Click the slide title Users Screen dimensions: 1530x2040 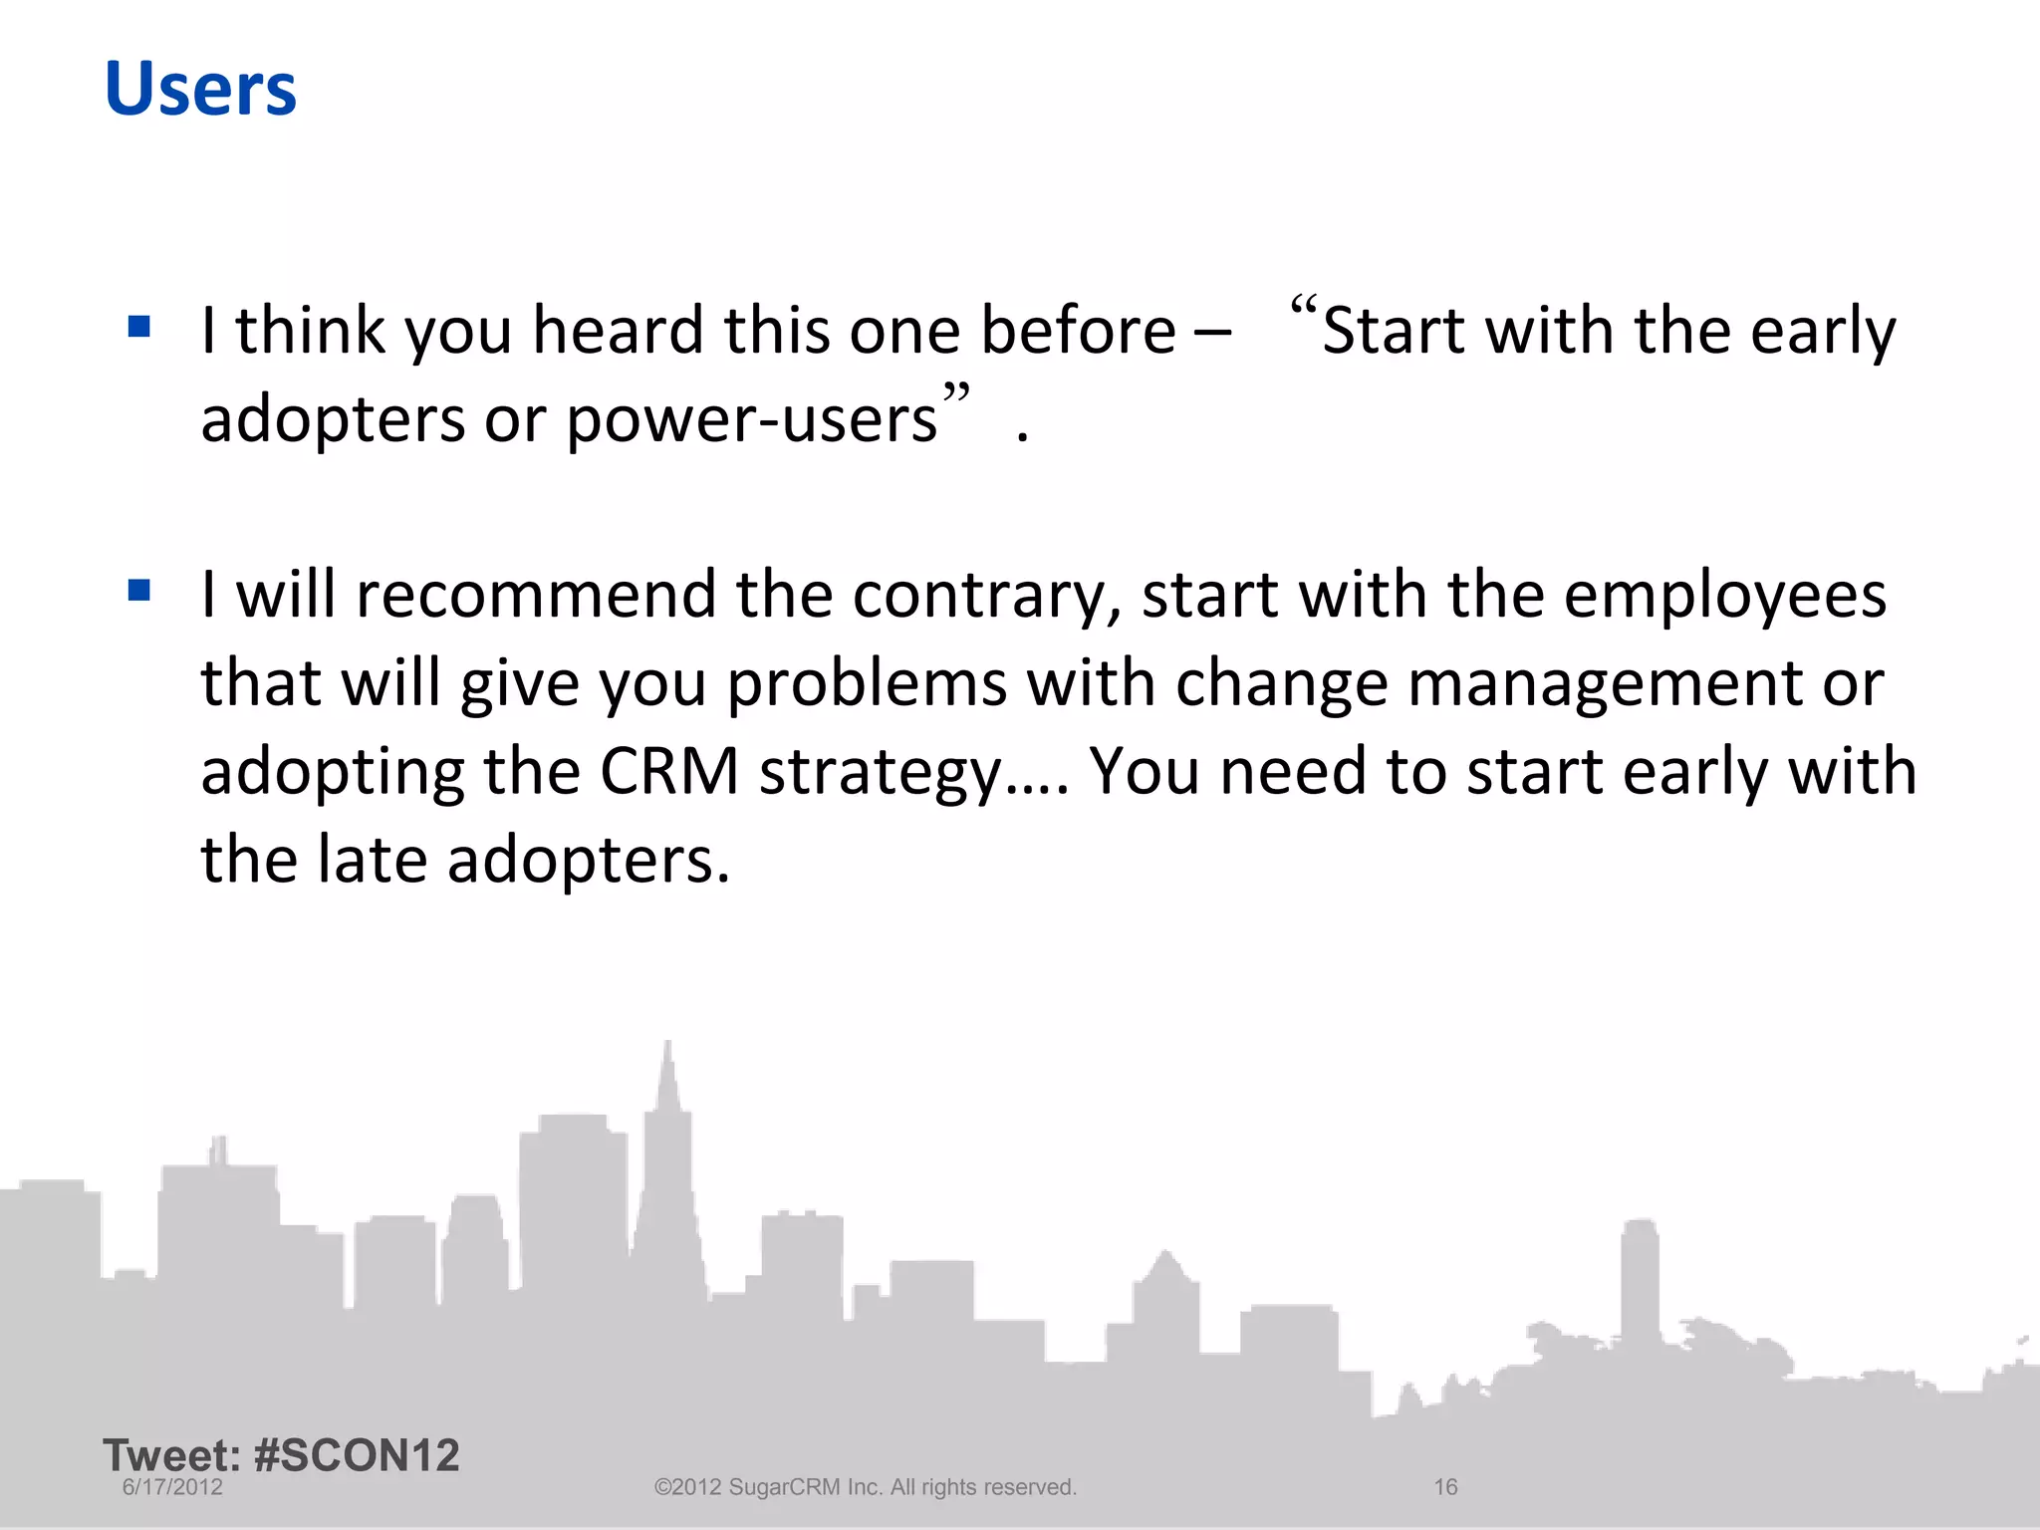point(200,90)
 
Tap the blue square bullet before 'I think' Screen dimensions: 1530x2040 point(139,327)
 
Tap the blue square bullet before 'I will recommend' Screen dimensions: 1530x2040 point(139,591)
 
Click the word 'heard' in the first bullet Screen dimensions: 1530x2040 point(618,331)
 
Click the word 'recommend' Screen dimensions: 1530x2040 point(535,596)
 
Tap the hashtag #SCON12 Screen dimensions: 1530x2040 point(357,1455)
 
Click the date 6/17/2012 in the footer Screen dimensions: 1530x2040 point(172,1487)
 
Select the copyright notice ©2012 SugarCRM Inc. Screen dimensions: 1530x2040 point(865,1487)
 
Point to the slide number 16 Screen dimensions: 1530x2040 point(1445,1487)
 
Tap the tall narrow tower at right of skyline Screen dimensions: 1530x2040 point(1640,1285)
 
